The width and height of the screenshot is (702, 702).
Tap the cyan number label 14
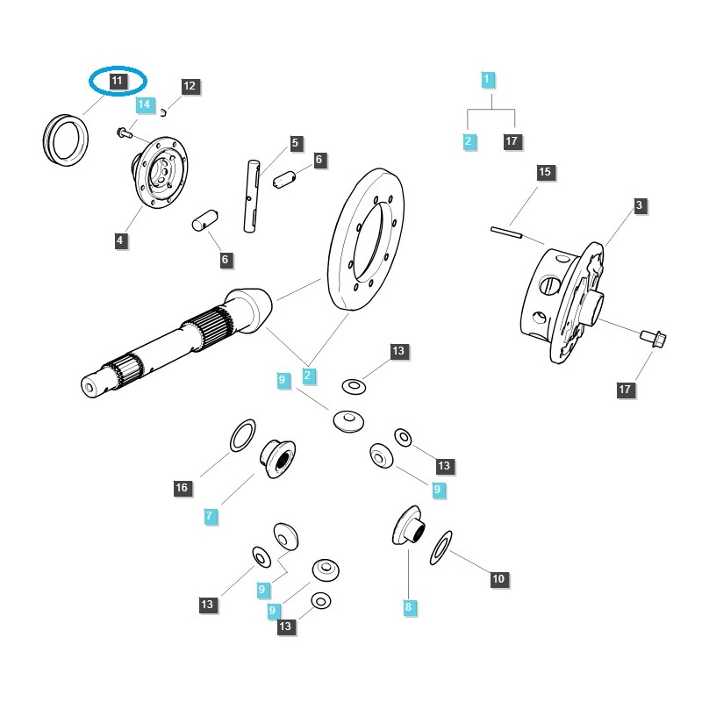pos(145,104)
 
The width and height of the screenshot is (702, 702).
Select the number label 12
pos(190,86)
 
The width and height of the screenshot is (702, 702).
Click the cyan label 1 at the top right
pos(489,80)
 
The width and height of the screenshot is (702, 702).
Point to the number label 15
pos(545,172)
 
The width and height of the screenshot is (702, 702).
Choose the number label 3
pos(640,205)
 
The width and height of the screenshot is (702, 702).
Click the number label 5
pos(295,142)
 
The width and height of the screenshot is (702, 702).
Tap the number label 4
pos(119,240)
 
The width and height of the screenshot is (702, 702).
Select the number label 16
pos(181,488)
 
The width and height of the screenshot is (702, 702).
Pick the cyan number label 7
pos(210,517)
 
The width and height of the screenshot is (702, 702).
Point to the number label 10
pos(498,579)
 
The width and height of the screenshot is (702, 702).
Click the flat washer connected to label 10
pos(441,548)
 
